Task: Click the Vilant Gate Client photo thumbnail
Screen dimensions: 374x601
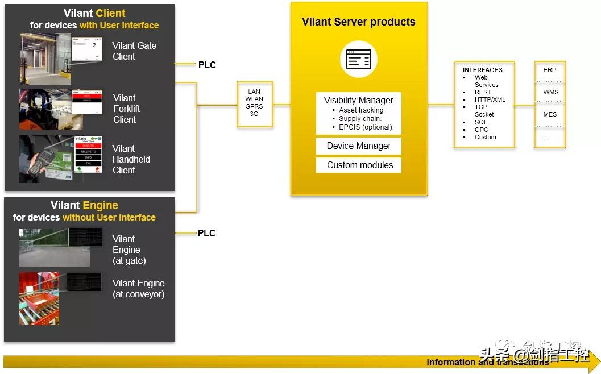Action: click(x=61, y=59)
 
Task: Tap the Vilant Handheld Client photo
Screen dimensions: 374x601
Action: click(x=61, y=159)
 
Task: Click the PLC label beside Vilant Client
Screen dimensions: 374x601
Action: click(x=207, y=65)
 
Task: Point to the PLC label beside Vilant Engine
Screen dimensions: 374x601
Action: click(x=206, y=233)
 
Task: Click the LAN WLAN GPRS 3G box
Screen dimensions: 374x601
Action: click(x=254, y=103)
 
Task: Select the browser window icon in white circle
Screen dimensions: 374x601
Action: click(x=358, y=59)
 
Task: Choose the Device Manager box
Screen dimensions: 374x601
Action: click(x=359, y=146)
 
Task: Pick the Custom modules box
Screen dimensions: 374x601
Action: click(x=359, y=165)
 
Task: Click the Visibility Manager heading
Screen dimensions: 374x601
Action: click(x=358, y=100)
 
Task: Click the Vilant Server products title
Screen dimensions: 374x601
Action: click(x=358, y=22)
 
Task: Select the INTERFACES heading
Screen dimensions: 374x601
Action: click(x=482, y=70)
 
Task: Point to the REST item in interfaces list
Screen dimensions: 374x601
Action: click(x=483, y=92)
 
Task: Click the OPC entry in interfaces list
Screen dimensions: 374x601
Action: click(x=481, y=130)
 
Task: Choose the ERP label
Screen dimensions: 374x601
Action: click(x=549, y=70)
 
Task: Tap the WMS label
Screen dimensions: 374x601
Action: click(x=550, y=92)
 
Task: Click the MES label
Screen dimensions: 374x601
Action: click(x=550, y=114)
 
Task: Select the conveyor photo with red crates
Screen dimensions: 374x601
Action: click(x=40, y=298)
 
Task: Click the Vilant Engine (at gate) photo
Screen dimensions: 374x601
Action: click(x=54, y=247)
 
